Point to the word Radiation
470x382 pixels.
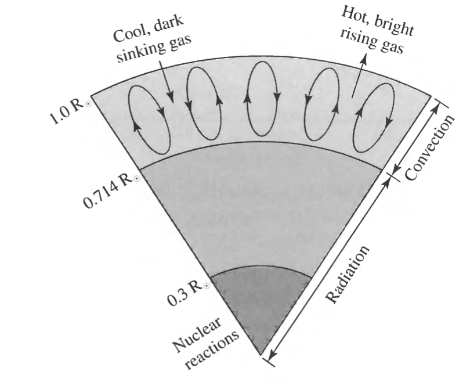coord(348,272)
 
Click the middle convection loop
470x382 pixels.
coord(259,109)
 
